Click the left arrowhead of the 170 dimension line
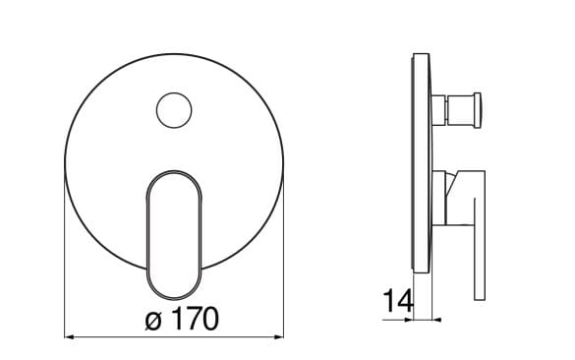70,337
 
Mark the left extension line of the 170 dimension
65,256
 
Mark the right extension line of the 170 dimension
286,256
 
